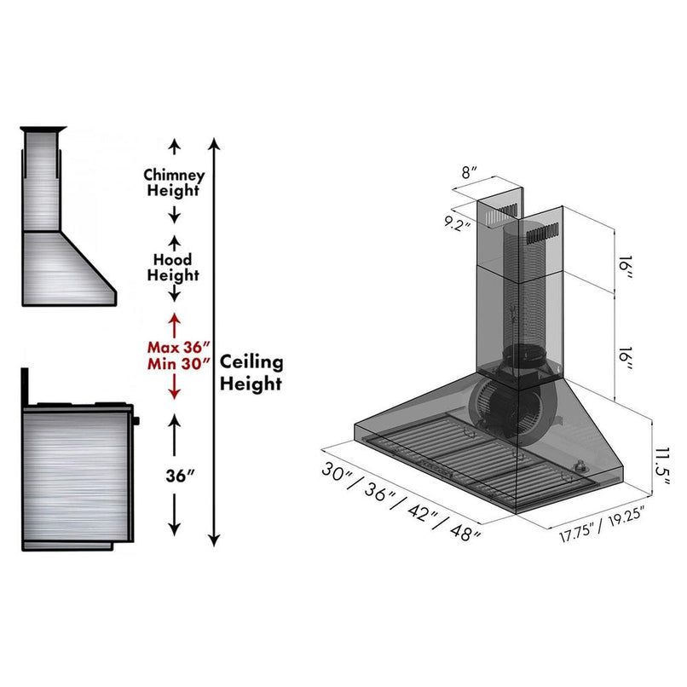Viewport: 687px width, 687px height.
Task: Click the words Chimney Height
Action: (174, 182)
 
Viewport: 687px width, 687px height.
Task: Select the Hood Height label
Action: (173, 267)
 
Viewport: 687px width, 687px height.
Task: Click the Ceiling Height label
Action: (251, 372)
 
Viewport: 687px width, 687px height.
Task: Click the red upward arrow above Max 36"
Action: (174, 323)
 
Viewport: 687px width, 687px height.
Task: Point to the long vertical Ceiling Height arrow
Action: (215, 341)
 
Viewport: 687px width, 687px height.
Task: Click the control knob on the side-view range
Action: (135, 419)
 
